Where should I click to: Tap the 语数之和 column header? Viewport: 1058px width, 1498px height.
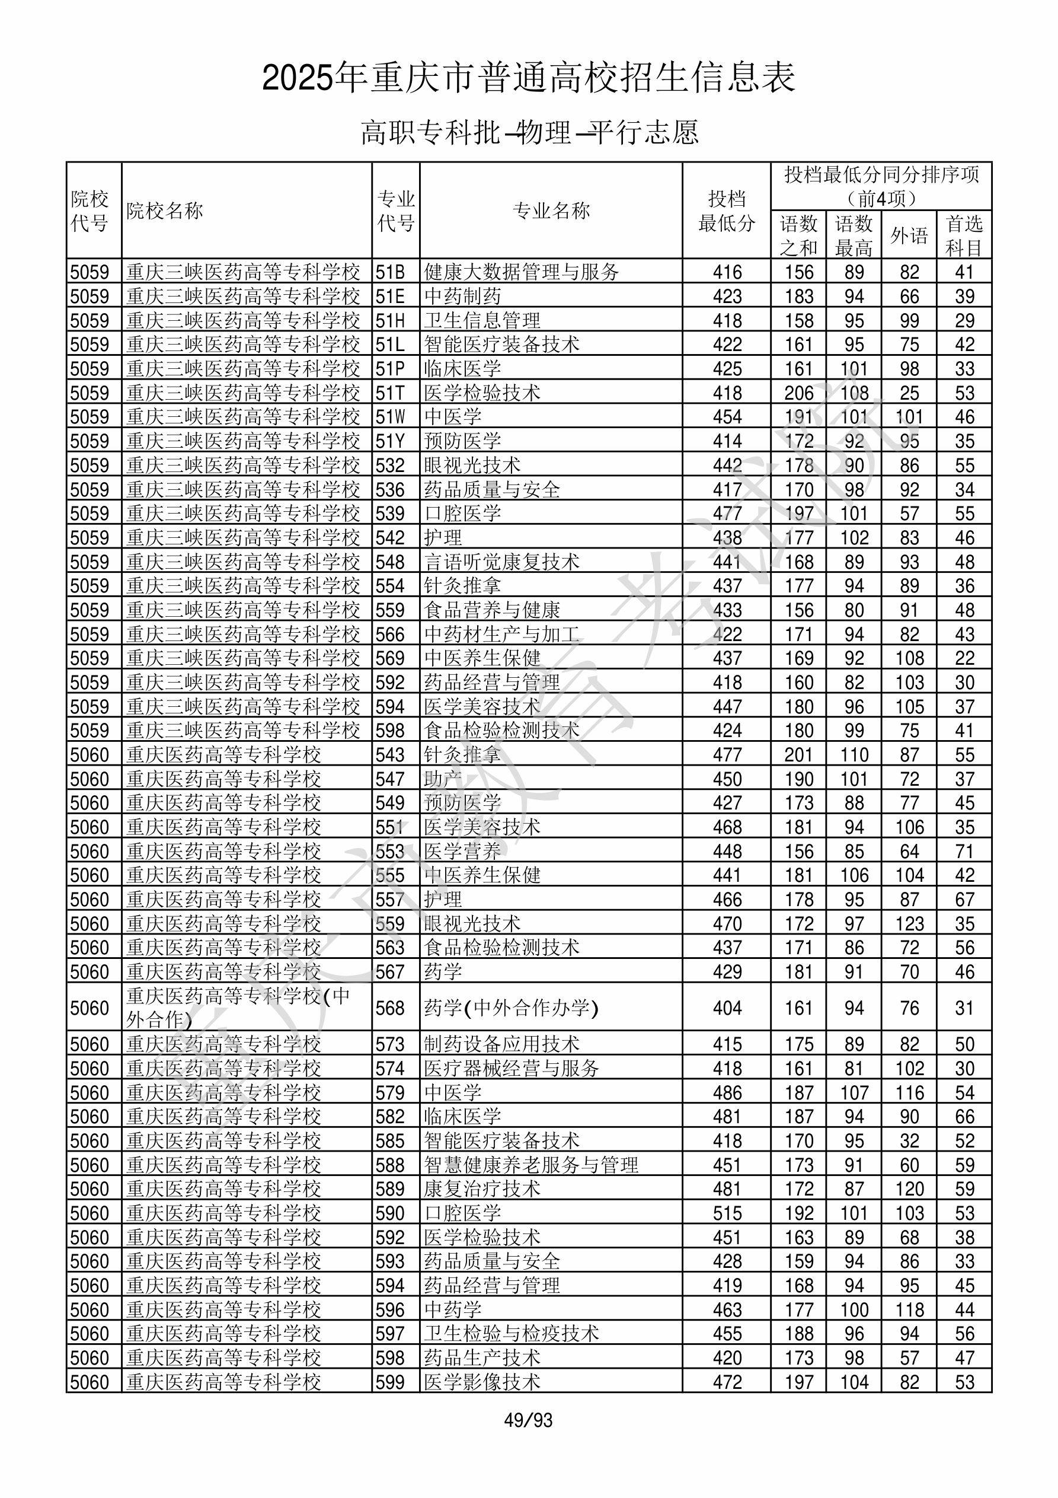point(798,235)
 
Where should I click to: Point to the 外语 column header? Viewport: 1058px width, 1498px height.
point(909,235)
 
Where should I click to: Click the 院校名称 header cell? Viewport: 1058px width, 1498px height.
point(165,211)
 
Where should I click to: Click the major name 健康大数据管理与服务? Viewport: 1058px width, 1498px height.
point(521,272)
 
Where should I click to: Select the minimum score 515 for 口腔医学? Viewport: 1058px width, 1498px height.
point(727,1213)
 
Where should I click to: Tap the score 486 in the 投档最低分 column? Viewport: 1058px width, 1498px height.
point(727,1092)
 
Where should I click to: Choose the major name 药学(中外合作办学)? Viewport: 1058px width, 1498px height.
point(511,1008)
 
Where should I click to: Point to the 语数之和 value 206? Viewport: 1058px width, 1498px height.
point(798,393)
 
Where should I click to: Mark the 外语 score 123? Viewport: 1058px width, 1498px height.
point(909,924)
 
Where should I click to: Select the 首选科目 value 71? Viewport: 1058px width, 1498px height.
point(964,852)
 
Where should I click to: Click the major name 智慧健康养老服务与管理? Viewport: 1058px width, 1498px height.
point(531,1165)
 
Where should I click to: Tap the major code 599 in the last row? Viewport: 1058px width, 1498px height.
point(390,1382)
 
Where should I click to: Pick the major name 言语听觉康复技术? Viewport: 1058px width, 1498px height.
point(501,562)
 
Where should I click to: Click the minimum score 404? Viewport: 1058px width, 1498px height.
point(727,1008)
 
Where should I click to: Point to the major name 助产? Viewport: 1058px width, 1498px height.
point(443,779)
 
